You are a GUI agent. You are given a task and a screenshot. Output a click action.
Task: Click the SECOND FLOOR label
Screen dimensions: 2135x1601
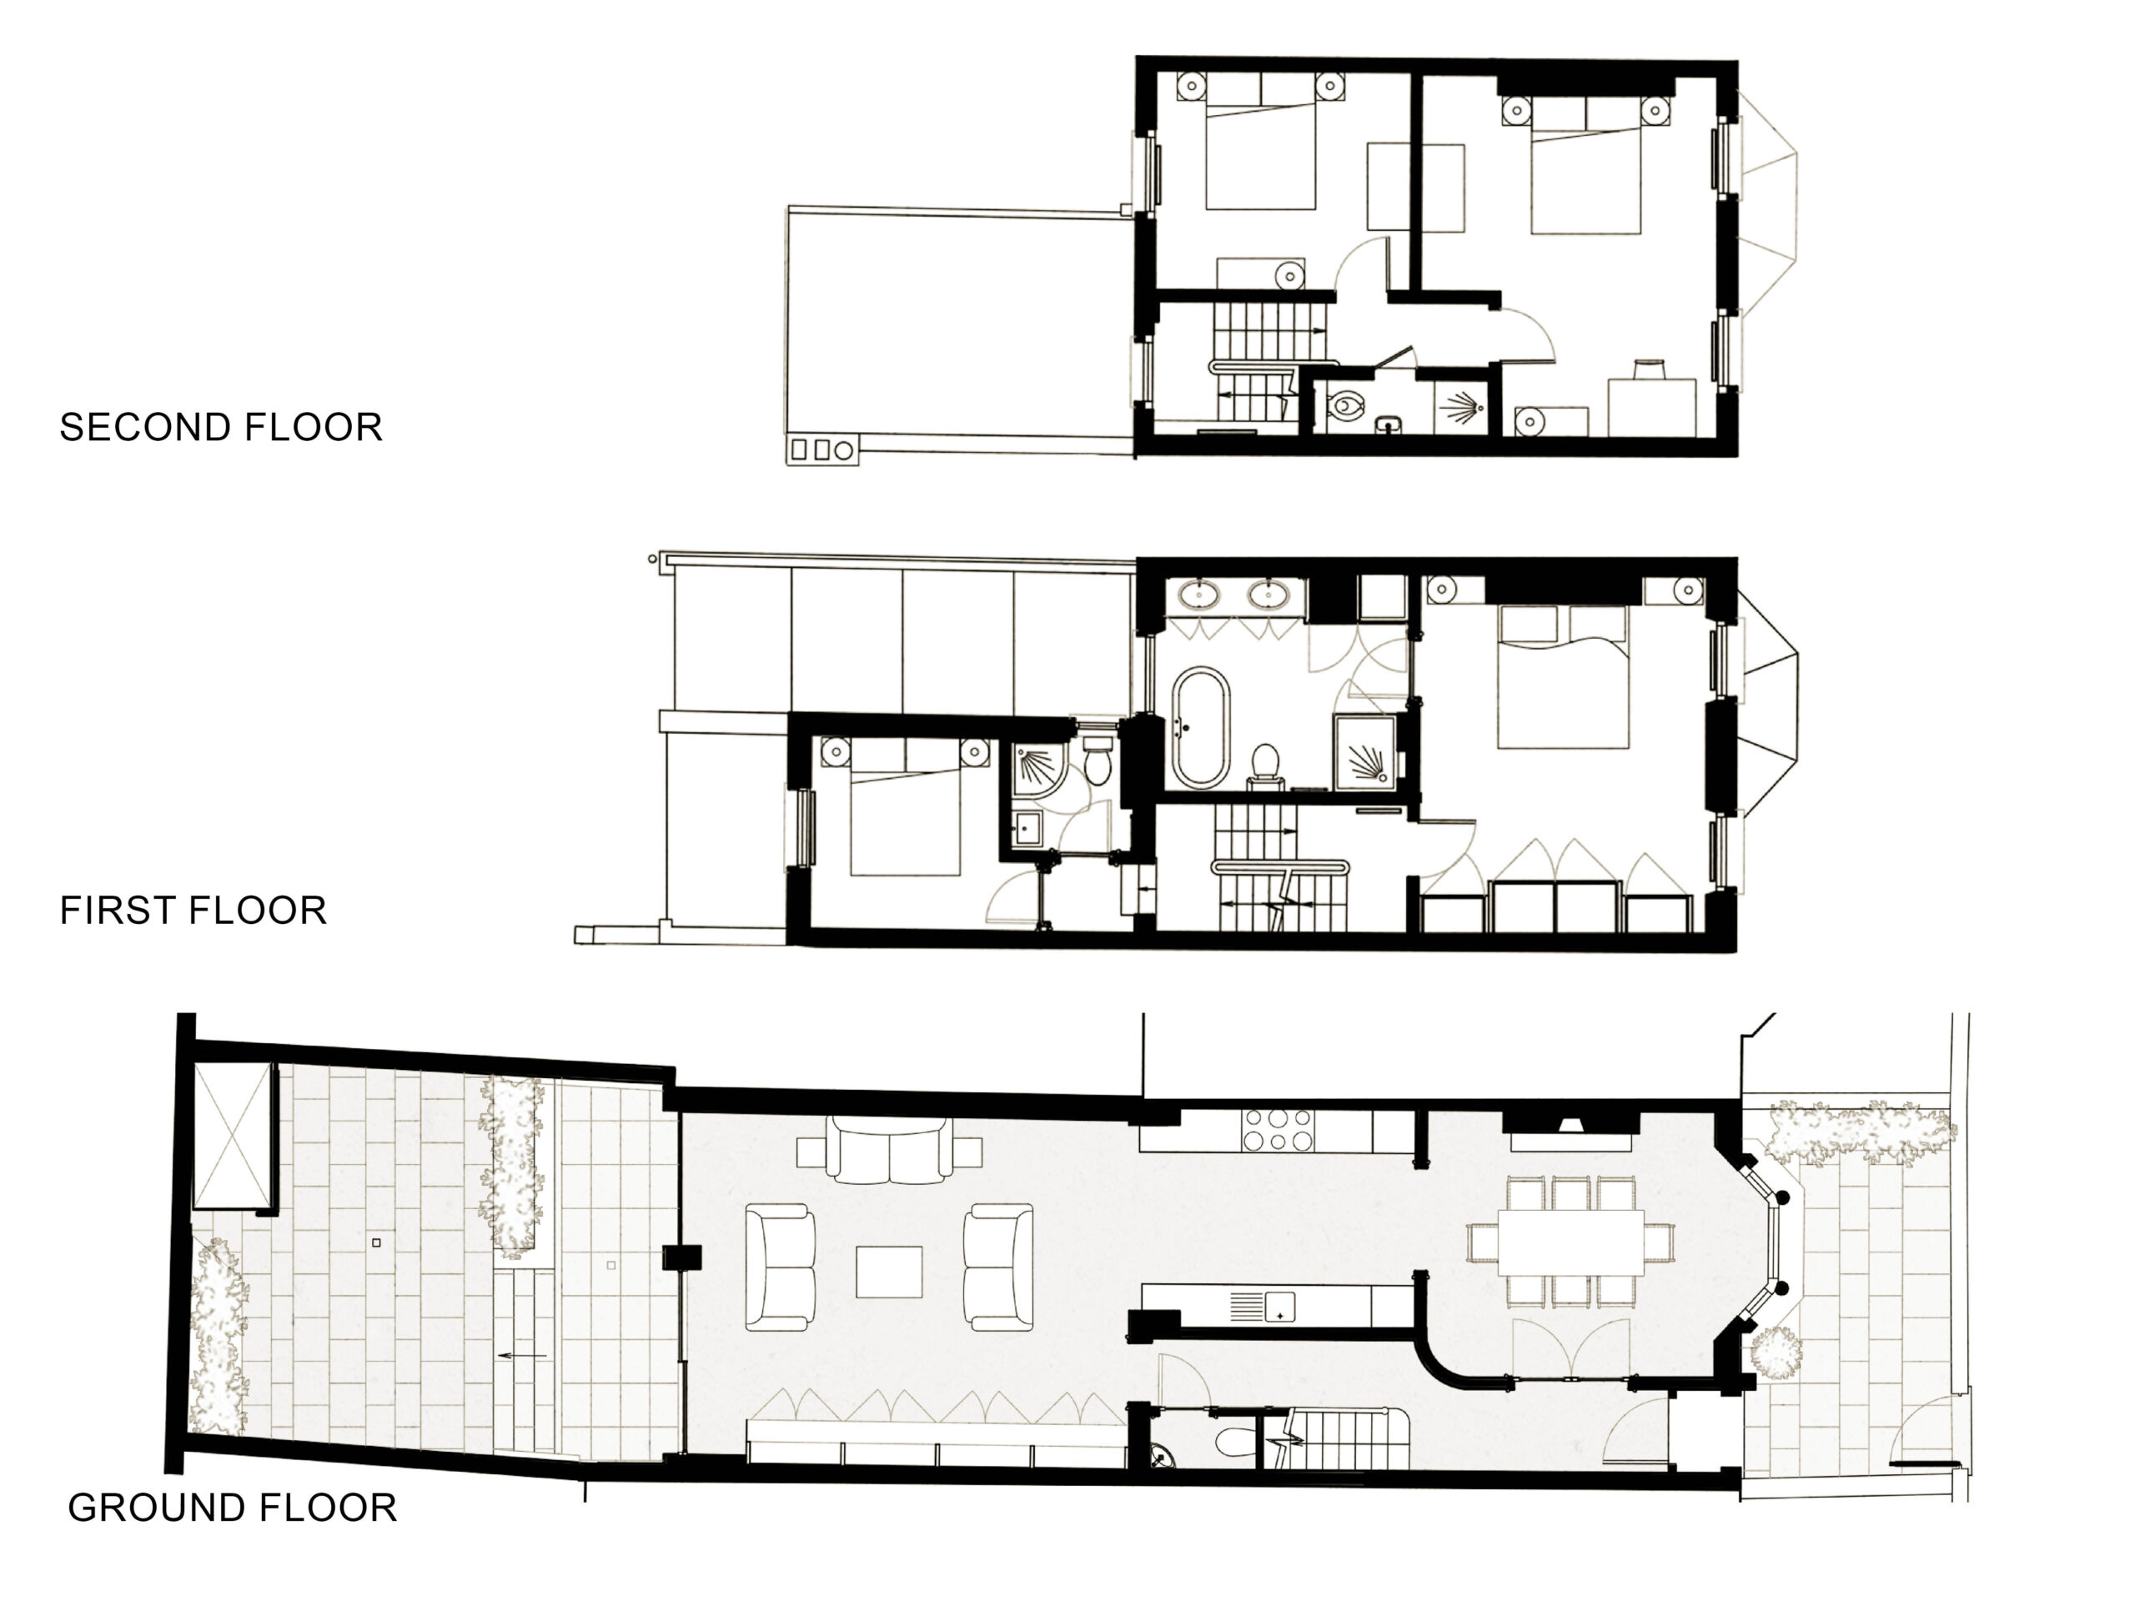tap(221, 428)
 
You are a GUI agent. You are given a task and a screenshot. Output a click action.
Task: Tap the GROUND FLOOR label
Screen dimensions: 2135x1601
tap(233, 1508)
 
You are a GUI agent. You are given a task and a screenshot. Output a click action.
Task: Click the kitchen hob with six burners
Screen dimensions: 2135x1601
tap(1278, 1130)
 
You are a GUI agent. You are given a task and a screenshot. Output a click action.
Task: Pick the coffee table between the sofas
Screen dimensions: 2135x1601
tap(889, 1271)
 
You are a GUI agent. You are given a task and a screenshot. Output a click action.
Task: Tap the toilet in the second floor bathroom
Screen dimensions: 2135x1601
tap(1344, 406)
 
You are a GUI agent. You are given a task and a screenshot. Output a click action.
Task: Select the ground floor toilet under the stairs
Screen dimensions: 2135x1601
tap(1233, 1443)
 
